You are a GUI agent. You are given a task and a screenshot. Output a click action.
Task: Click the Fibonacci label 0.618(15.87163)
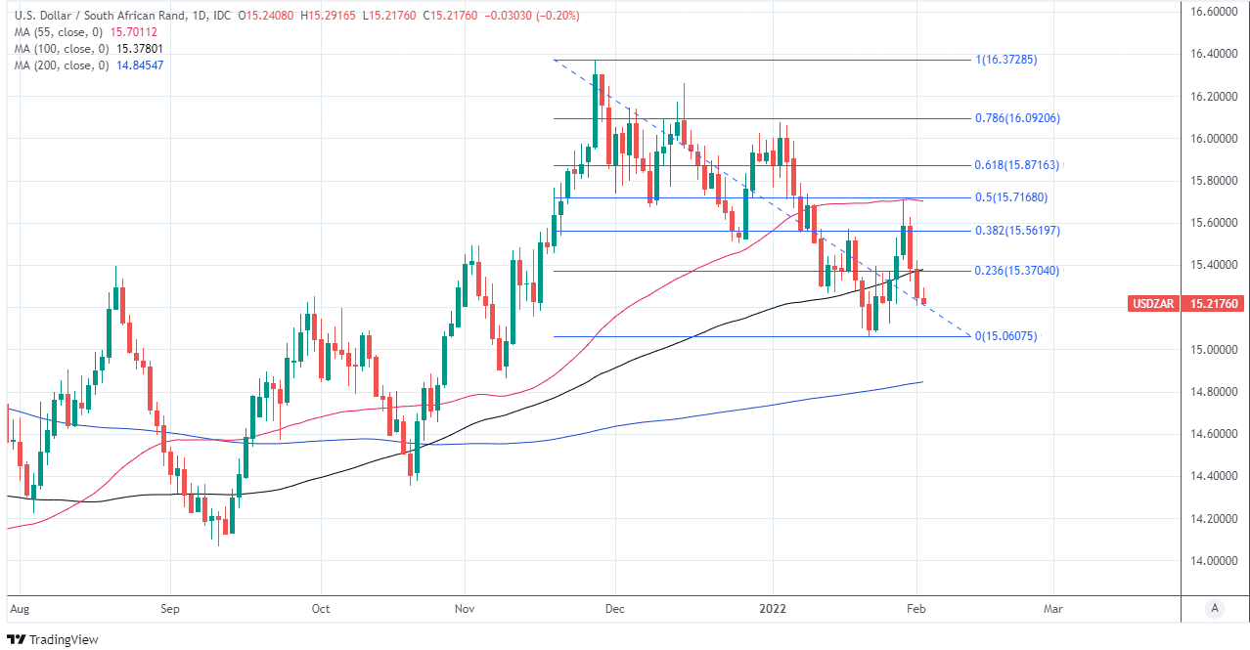pyautogui.click(x=1017, y=166)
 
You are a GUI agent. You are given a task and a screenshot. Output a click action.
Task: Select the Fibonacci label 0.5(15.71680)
pyautogui.click(x=1010, y=197)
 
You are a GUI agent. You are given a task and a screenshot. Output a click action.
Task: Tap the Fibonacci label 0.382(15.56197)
pyautogui.click(x=1017, y=231)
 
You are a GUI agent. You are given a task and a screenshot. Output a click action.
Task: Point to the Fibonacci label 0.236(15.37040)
pyautogui.click(x=1017, y=271)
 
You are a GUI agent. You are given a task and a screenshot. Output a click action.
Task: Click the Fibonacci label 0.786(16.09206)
pyautogui.click(x=1017, y=118)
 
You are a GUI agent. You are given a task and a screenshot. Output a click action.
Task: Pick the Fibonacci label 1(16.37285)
pyautogui.click(x=1005, y=60)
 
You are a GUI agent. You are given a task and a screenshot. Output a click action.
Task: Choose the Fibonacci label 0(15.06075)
pyautogui.click(x=1005, y=336)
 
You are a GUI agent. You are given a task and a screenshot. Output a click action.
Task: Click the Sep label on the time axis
pyautogui.click(x=169, y=608)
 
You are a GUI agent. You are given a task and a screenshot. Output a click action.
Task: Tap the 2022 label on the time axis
pyautogui.click(x=773, y=608)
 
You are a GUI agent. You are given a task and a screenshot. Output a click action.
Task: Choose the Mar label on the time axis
pyautogui.click(x=1053, y=608)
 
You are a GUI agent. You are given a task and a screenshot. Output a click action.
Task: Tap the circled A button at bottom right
pyautogui.click(x=1214, y=608)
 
